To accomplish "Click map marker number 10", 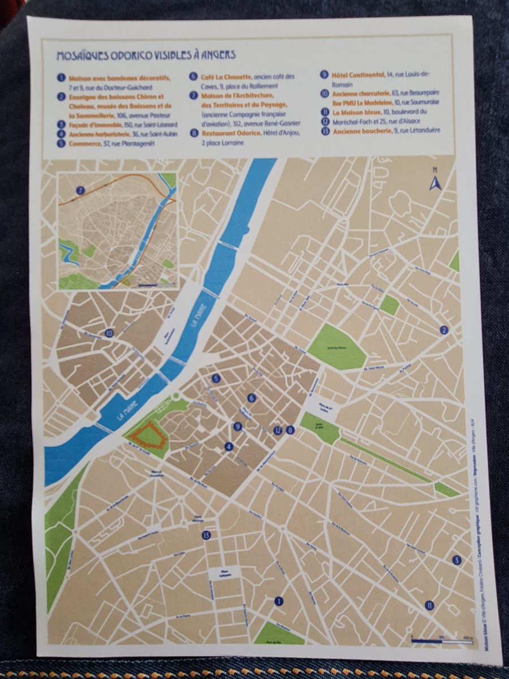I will click(109, 333).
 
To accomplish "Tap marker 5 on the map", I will click(215, 379).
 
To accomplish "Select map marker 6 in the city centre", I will click(252, 398).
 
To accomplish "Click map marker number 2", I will click(445, 330).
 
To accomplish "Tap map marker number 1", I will click(278, 601).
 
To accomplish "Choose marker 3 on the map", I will click(456, 560).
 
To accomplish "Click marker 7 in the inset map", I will click(81, 191).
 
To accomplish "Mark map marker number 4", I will click(228, 446).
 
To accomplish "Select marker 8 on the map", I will click(291, 430).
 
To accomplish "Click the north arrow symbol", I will click(434, 181).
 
